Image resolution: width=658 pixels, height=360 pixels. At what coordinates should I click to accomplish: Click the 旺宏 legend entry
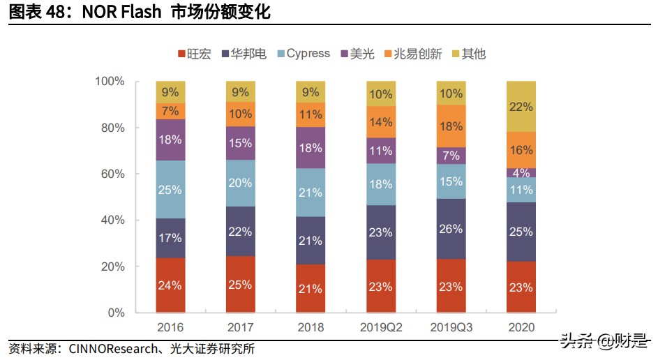point(195,54)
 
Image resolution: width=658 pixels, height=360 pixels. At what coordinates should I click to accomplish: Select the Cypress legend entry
point(303,54)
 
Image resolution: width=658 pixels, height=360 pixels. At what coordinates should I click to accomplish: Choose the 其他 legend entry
point(468,54)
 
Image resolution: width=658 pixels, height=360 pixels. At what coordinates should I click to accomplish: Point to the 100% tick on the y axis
point(110,82)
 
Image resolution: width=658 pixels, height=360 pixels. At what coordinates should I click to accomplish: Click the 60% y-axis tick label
point(112,174)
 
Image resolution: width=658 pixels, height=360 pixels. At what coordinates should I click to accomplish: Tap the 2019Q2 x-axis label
point(381,327)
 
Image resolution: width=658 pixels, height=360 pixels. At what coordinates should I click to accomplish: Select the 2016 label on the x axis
point(170,327)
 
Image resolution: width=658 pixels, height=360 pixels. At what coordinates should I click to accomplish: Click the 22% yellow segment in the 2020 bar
point(521,107)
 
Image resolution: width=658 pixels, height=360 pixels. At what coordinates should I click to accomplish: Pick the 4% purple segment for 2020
point(521,172)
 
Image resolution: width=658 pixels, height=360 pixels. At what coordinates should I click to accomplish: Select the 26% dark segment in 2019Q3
point(451,229)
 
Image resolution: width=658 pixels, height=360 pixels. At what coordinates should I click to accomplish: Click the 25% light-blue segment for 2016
point(170,190)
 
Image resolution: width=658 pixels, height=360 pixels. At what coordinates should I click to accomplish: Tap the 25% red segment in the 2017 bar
point(241,285)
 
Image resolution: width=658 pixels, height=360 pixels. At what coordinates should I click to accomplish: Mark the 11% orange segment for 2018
point(311,115)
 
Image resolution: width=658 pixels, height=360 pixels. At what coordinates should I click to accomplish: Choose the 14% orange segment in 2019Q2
point(381,122)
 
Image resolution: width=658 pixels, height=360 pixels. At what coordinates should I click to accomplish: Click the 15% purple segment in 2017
point(241,143)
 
